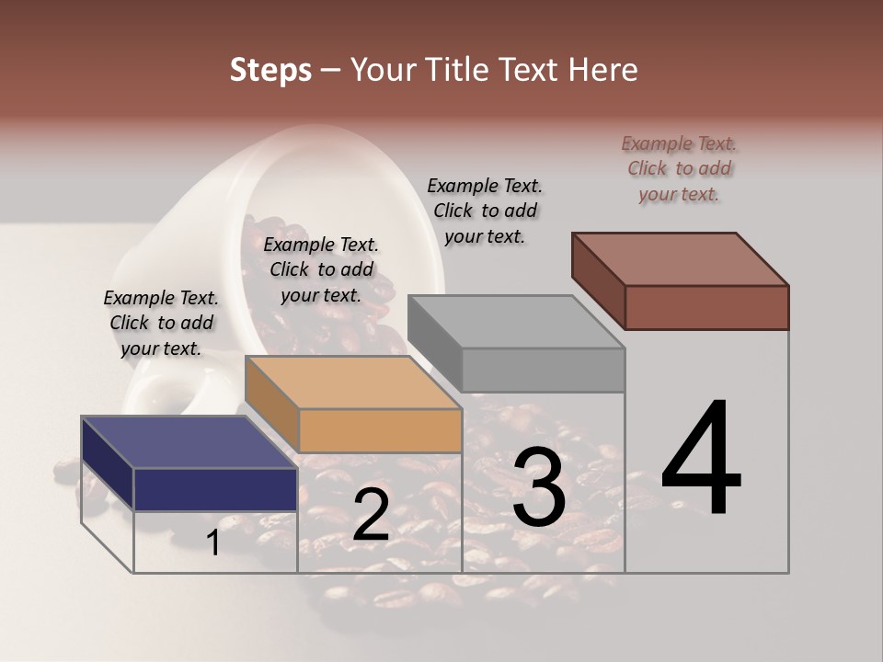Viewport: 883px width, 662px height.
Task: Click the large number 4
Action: (701, 460)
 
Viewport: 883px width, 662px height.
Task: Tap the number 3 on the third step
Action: (539, 488)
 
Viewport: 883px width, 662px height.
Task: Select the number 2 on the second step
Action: (371, 516)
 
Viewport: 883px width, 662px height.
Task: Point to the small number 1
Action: (213, 543)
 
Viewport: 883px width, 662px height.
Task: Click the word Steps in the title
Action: (270, 70)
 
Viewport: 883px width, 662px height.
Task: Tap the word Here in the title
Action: (604, 70)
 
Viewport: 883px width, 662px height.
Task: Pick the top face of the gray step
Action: (516, 322)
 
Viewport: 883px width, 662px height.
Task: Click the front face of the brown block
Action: (706, 307)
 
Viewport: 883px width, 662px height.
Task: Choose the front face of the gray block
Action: (543, 370)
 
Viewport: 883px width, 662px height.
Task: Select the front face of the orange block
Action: (380, 430)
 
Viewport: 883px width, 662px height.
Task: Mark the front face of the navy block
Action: (215, 489)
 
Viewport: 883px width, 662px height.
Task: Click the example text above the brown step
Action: (679, 169)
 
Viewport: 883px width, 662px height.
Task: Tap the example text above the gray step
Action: (485, 211)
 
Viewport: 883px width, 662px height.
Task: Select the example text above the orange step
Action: (321, 269)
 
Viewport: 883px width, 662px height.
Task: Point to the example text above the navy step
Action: (161, 323)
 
